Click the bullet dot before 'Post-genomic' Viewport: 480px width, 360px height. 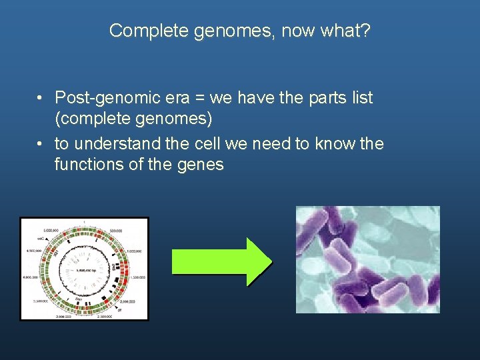(x=41, y=99)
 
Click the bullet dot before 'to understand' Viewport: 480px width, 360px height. (x=41, y=144)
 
